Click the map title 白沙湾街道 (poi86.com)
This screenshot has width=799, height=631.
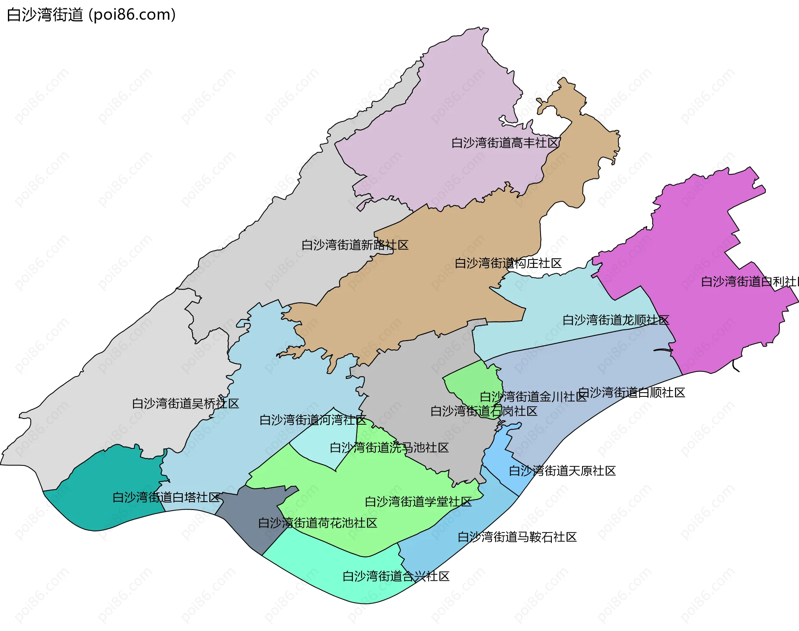pos(91,15)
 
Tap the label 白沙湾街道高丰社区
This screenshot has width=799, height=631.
pos(505,143)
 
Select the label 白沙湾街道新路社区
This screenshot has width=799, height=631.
pos(355,245)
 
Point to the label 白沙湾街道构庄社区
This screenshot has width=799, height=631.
pos(508,263)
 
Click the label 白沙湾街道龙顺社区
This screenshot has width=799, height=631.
pos(616,320)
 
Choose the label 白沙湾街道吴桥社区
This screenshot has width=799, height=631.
pos(186,403)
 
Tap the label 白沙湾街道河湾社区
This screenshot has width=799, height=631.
pos(313,420)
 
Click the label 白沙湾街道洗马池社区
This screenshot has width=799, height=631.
pos(389,448)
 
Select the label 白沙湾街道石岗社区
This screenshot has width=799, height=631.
pos(484,411)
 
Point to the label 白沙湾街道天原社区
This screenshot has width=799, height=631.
pos(562,471)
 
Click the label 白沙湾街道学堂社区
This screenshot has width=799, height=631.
pos(418,502)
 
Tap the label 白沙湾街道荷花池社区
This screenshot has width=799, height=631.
pos(318,523)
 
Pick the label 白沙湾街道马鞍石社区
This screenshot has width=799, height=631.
pos(517,537)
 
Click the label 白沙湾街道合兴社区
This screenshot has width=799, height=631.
pos(396,577)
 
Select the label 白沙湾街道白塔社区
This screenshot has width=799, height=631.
pos(166,497)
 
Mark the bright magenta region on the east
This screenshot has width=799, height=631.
pos(707,250)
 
